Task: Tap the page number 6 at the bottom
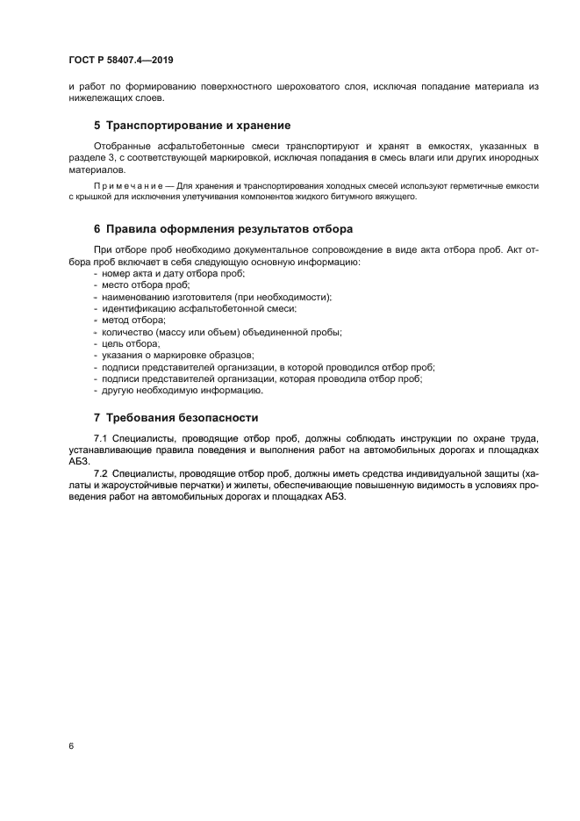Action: coord(71,745)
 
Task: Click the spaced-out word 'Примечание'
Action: coord(122,186)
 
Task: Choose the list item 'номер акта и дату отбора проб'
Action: coord(173,274)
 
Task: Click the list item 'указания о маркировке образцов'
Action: coord(177,356)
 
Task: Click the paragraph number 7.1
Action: coord(100,437)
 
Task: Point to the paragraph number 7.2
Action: coord(100,473)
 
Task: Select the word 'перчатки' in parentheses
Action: coord(203,485)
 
